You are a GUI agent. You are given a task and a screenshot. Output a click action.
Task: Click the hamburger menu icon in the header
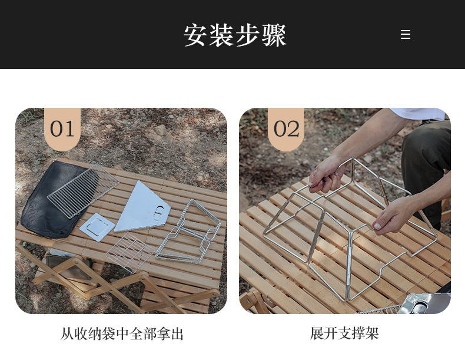coord(406,34)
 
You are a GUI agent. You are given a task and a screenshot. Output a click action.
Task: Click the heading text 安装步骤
coord(235,35)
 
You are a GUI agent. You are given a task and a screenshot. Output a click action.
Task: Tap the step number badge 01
coord(62,129)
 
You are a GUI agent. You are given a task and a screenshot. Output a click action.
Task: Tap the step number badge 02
coord(286,129)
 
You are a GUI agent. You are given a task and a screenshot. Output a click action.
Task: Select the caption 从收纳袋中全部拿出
coord(122,334)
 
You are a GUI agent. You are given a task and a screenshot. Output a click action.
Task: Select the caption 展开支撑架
coord(344,333)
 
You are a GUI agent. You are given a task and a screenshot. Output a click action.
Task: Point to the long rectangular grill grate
coord(84,191)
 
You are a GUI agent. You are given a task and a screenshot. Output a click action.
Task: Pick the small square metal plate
coord(97,227)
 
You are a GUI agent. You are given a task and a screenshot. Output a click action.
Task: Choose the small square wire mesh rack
coord(130,253)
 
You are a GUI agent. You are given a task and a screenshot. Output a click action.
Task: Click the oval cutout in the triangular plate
coord(159,213)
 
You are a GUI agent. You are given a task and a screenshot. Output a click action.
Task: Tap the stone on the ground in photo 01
coord(160,130)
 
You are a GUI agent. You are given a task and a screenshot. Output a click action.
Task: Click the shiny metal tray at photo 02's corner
coord(424,303)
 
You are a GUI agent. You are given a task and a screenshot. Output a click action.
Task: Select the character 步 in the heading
coord(247,35)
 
